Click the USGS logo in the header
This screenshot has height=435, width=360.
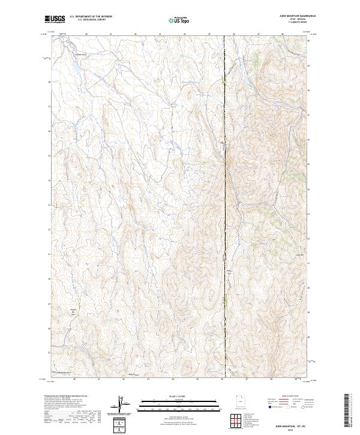click(x=55, y=19)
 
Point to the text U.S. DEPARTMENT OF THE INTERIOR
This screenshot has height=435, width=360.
click(x=91, y=17)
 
